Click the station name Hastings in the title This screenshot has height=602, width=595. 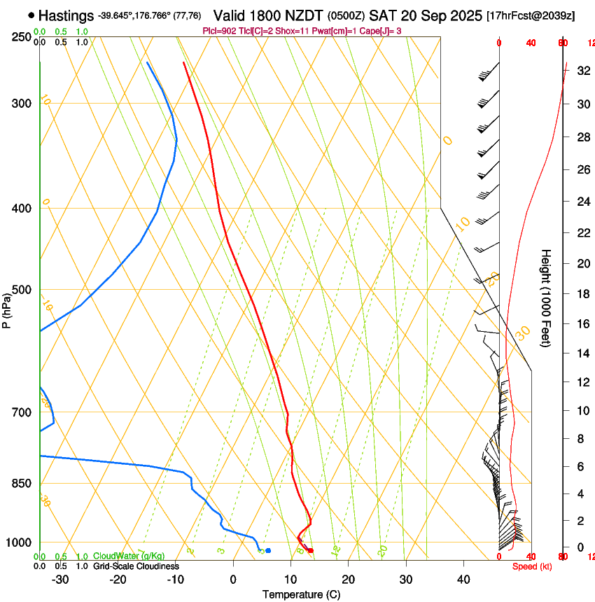pos(66,15)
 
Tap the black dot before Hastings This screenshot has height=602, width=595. pos(31,15)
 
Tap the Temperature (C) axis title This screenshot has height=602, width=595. pos(300,594)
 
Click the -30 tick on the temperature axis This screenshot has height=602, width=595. pos(60,579)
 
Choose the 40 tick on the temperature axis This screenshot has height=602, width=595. pos(463,579)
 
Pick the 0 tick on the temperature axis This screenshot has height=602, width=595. pos(233,579)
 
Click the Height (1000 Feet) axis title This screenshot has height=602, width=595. pos(547,297)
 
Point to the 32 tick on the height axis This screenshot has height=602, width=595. pos(582,71)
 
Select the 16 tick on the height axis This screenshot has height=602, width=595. pos(582,323)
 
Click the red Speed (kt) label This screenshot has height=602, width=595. pos(531,566)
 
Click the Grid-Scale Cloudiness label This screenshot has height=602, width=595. pos(135,566)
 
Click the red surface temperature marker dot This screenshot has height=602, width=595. pos(311,550)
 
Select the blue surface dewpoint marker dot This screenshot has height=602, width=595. pos(268,550)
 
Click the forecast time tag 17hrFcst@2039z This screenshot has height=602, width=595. pos(531,15)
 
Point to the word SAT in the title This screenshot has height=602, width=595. pos(383,15)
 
